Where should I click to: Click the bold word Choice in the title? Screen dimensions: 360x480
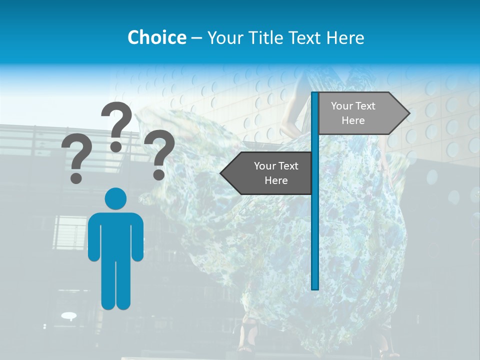pyautogui.click(x=156, y=37)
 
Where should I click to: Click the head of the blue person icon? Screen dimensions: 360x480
pyautogui.click(x=115, y=199)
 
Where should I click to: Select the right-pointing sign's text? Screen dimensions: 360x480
pyautogui.click(x=353, y=113)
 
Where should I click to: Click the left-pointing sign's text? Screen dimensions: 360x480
pyautogui.click(x=276, y=173)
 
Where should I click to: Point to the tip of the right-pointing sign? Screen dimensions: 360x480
pyautogui.click(x=408, y=113)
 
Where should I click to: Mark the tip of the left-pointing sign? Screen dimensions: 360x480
pyautogui.click(x=221, y=173)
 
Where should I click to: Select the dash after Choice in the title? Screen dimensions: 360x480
pyautogui.click(x=196, y=38)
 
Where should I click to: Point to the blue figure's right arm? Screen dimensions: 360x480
pyautogui.click(x=137, y=237)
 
